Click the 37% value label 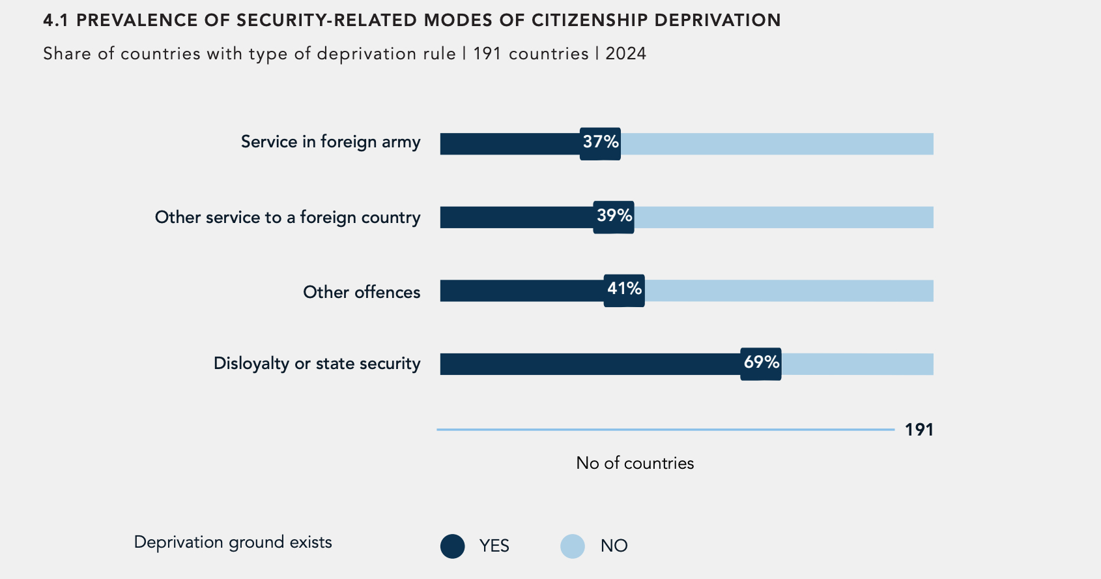tap(600, 143)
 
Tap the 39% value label tap(614, 216)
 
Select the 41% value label tap(624, 289)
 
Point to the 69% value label tap(761, 363)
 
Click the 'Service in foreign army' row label tap(330, 142)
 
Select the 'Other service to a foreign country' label tap(287, 217)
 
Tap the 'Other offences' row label tap(362, 292)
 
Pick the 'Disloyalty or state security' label tap(317, 363)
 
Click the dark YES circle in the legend tap(452, 546)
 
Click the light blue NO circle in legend tap(572, 546)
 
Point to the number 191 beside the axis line tap(919, 430)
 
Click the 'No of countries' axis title tap(635, 463)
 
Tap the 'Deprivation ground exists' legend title tap(233, 542)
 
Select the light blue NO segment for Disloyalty tap(857, 364)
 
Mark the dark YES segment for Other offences tap(521, 291)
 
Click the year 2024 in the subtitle tap(625, 53)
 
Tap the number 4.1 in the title tap(55, 20)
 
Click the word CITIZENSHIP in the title tap(590, 20)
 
